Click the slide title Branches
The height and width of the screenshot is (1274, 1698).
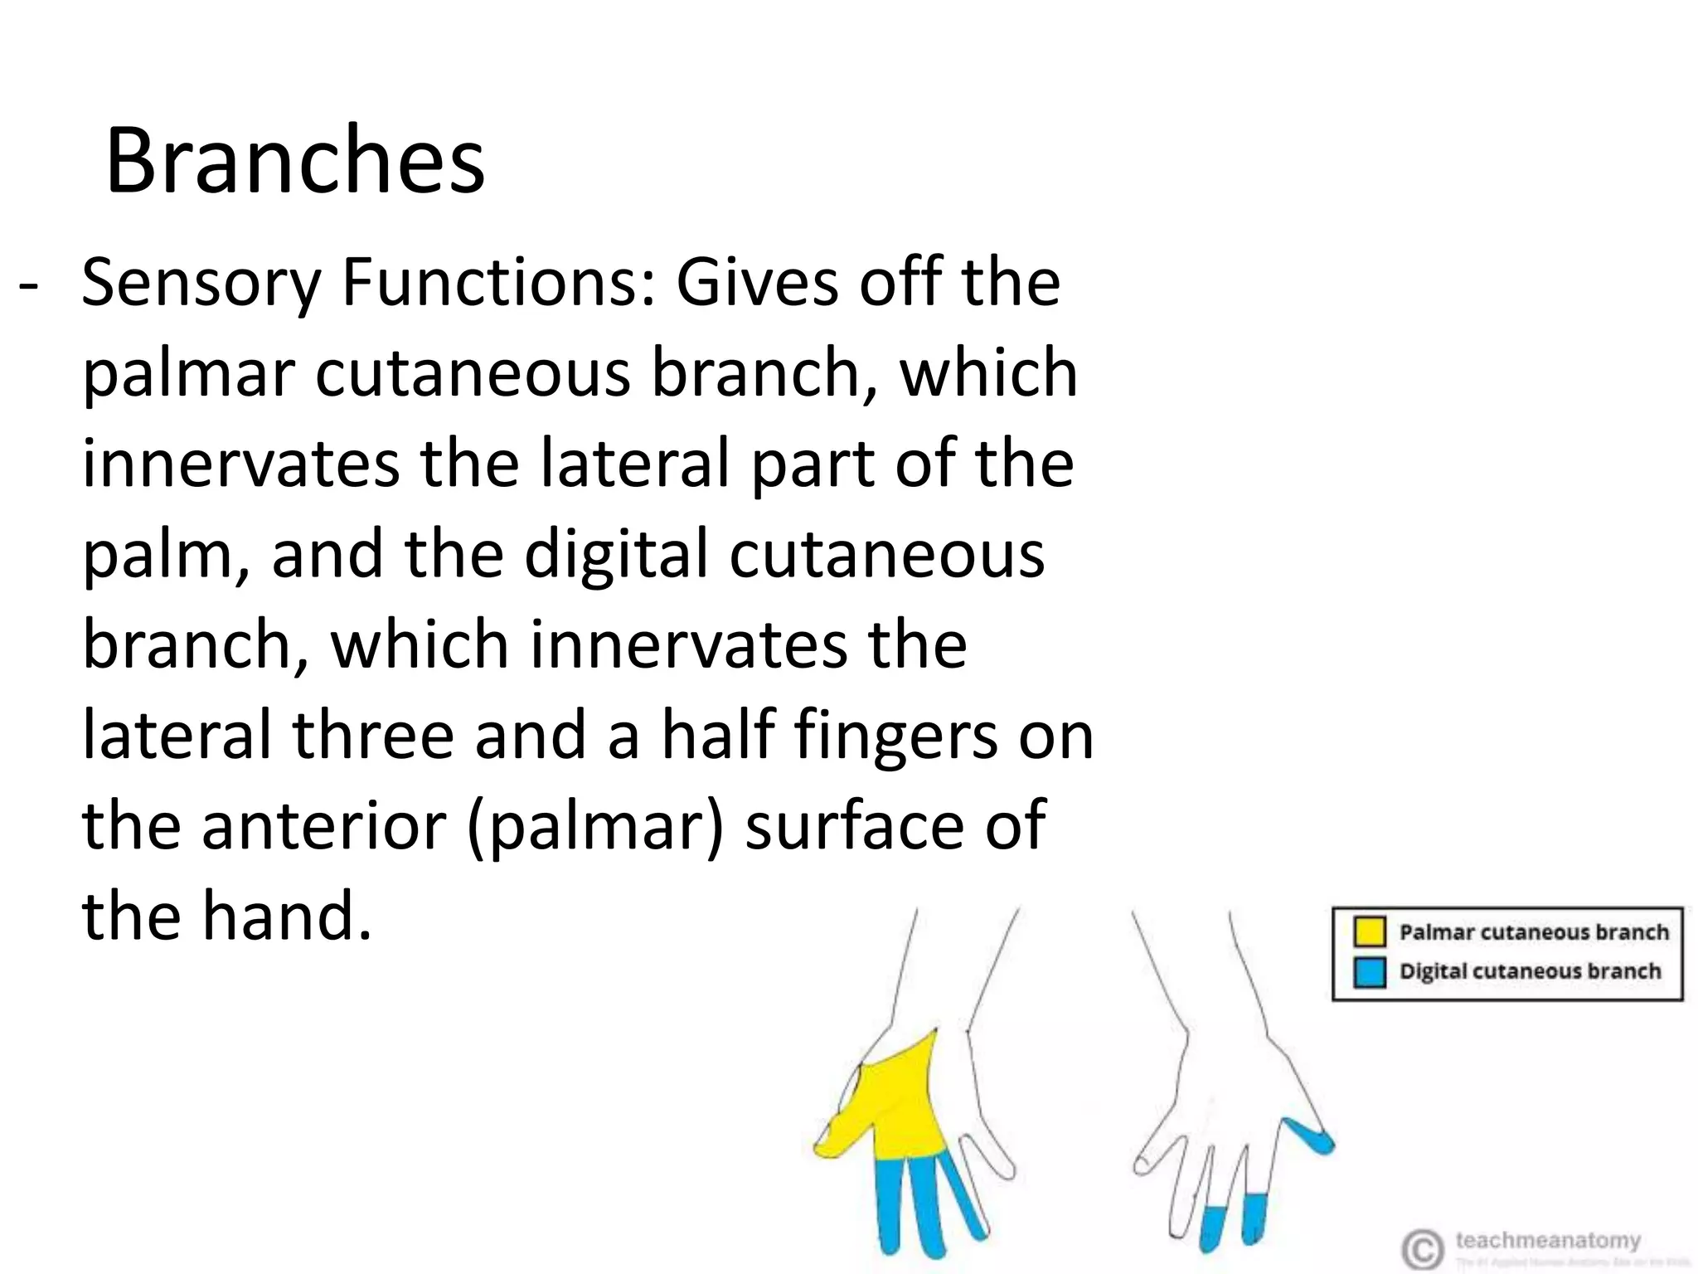coord(294,160)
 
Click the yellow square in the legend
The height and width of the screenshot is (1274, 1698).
coord(1369,931)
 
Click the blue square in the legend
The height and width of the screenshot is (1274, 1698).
coord(1369,972)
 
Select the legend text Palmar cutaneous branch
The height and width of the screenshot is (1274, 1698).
coord(1533,931)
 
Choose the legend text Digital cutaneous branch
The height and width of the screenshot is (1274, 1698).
coord(1530,971)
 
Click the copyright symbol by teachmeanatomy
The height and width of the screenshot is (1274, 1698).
coord(1421,1249)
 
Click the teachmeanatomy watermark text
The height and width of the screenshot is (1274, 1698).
coord(1547,1241)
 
